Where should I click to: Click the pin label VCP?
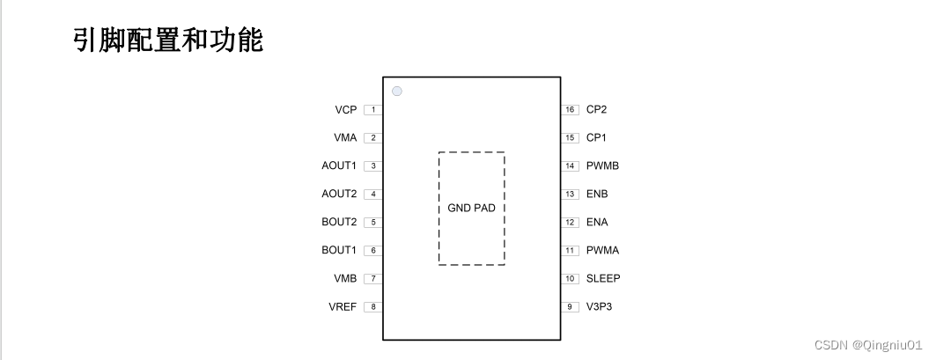[x=345, y=110]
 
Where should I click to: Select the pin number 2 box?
[x=373, y=138]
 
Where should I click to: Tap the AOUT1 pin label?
[x=339, y=166]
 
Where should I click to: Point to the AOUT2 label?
[x=339, y=195]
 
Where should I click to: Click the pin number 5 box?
[x=373, y=223]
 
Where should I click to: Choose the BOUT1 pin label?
[x=339, y=251]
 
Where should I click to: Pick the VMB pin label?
[x=344, y=279]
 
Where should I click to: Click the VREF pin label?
[x=344, y=307]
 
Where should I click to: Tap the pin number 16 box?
[x=571, y=110]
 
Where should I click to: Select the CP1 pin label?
[x=596, y=138]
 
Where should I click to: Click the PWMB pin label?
[x=602, y=166]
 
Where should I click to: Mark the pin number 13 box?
[x=571, y=195]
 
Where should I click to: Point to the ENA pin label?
[x=597, y=223]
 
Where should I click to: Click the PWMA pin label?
[x=602, y=251]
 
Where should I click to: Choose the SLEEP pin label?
[x=603, y=279]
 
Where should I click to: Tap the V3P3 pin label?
[x=599, y=307]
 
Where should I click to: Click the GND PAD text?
[x=471, y=209]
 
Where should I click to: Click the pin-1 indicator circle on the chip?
[x=397, y=91]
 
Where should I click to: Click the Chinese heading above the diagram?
[x=167, y=40]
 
